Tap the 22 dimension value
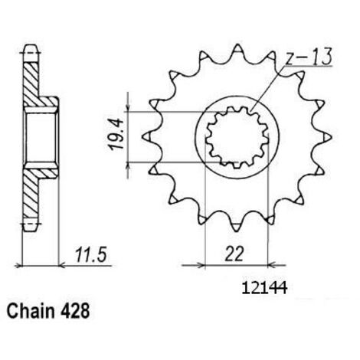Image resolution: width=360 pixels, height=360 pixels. (234, 254)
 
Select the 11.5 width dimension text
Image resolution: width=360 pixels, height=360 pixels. (90, 254)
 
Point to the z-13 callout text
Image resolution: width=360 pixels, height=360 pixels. (308, 57)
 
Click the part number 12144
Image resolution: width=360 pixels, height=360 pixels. (264, 288)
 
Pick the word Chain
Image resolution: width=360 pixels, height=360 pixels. (31, 311)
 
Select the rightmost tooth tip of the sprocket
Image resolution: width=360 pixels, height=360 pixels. (332, 137)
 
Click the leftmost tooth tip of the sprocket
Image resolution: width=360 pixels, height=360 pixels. (142, 137)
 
